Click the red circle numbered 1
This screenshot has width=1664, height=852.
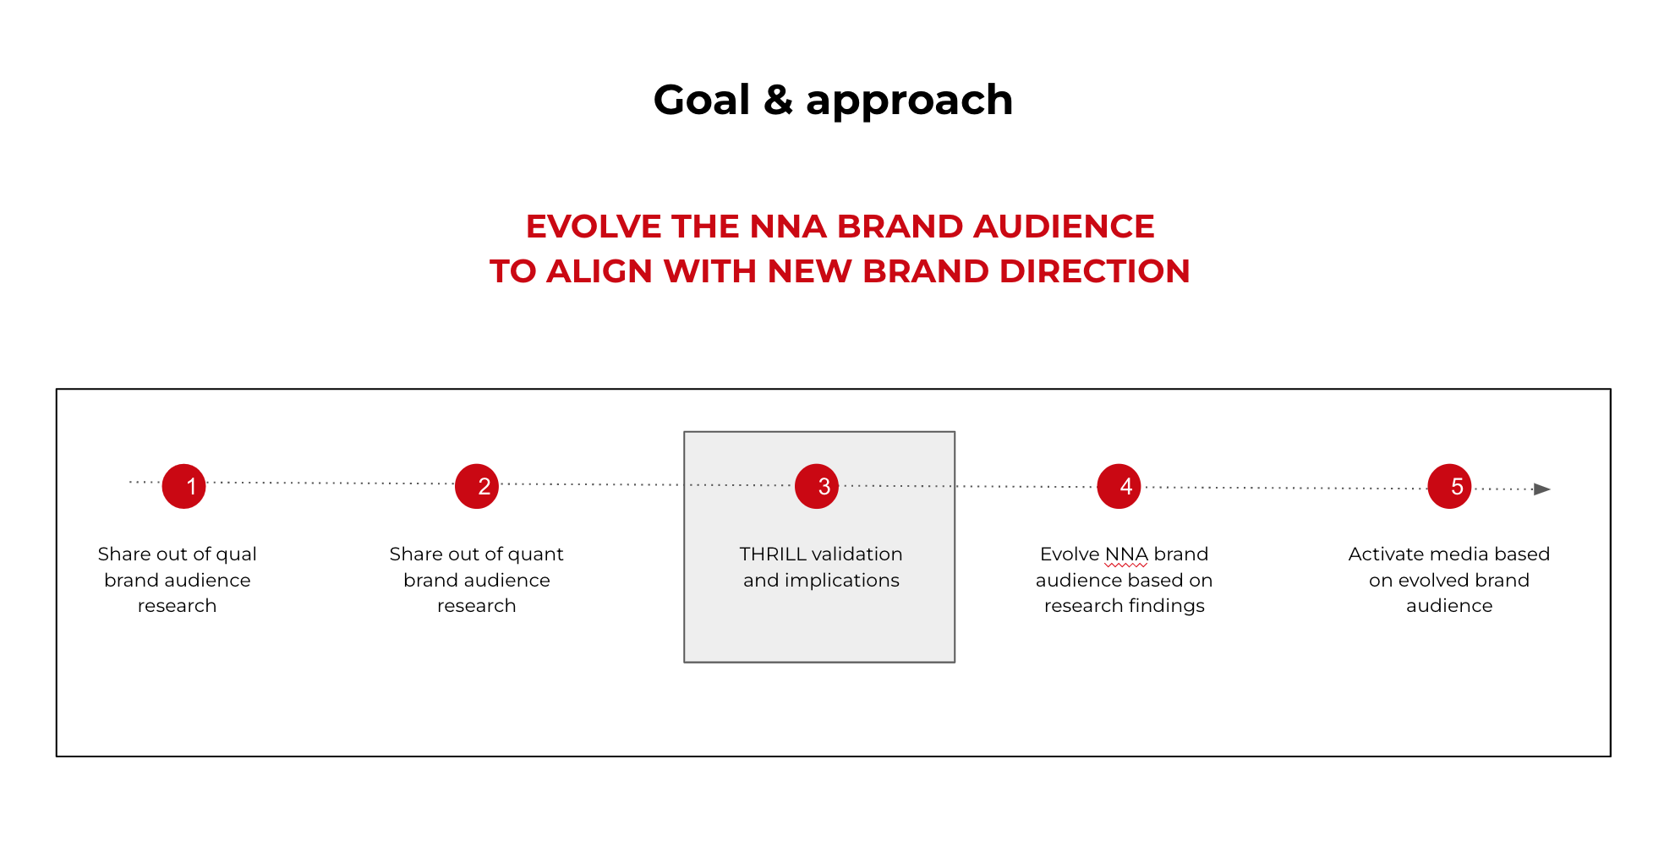click(x=183, y=486)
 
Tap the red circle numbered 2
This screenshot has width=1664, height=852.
click(x=477, y=486)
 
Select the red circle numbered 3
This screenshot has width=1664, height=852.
click(x=817, y=486)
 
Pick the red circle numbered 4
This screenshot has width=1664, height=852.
click(x=1119, y=486)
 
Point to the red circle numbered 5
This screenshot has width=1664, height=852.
click(x=1449, y=486)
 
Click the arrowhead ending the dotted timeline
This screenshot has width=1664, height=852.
click(x=1542, y=489)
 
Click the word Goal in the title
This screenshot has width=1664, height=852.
click(x=702, y=100)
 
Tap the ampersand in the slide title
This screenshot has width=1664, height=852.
click(x=778, y=100)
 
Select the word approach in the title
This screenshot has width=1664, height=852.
click(x=909, y=101)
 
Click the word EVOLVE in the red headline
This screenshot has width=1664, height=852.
click(x=594, y=227)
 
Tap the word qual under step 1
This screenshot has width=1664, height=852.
click(x=237, y=555)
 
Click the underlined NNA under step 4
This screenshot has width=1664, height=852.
click(x=1126, y=554)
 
